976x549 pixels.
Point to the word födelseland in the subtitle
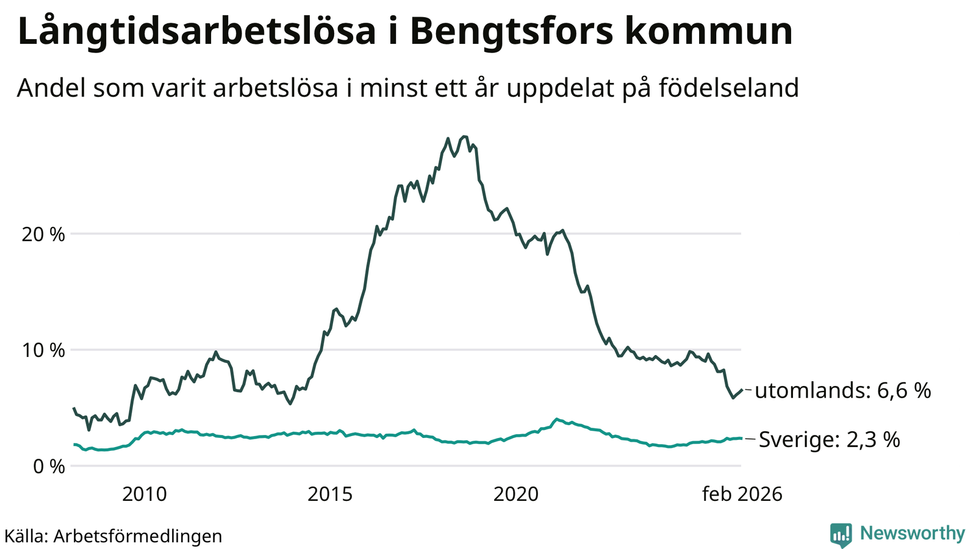click(728, 88)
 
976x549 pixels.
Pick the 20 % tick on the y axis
click(43, 234)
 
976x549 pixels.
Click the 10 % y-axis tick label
click(43, 350)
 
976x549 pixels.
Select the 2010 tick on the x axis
click(145, 494)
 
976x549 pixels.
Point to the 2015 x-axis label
click(330, 494)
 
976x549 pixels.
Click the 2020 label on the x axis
click(516, 494)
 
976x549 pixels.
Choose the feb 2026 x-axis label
click(742, 494)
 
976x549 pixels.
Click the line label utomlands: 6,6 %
click(842, 390)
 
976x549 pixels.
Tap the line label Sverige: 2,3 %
click(829, 439)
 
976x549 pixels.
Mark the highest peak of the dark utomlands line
click(465, 137)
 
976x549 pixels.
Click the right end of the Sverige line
click(741, 438)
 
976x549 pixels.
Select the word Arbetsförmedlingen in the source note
click(138, 536)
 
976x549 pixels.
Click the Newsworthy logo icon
click(841, 534)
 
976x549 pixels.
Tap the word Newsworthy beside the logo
click(913, 534)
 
